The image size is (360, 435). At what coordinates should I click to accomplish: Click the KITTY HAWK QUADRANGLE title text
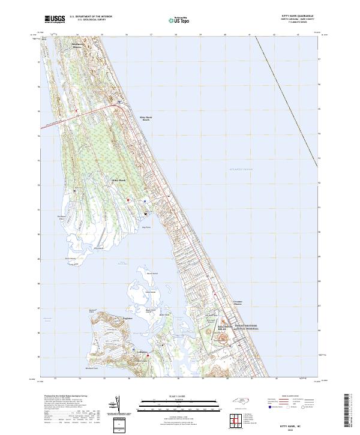(x=301, y=17)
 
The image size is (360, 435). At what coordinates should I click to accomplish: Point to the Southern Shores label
(x=79, y=46)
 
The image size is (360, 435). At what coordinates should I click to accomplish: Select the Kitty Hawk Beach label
(x=145, y=119)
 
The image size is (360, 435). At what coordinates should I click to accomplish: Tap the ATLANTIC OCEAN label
(x=241, y=170)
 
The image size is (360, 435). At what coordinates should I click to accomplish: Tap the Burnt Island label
(x=153, y=274)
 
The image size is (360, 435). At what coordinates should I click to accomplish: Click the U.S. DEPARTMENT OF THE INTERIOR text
(x=91, y=17)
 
